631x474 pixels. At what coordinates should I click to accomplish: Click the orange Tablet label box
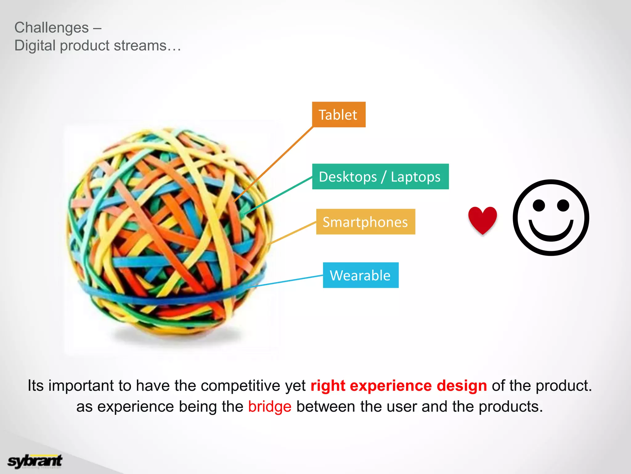pyautogui.click(x=339, y=114)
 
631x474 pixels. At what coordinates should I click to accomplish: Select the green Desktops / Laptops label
pyautogui.click(x=380, y=177)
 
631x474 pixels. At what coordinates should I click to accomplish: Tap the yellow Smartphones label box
pyautogui.click(x=365, y=222)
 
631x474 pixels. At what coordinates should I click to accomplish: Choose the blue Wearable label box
pyautogui.click(x=360, y=275)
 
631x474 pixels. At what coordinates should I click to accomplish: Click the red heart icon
pyautogui.click(x=482, y=219)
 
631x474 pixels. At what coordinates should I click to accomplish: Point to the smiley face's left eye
pyautogui.click(x=539, y=205)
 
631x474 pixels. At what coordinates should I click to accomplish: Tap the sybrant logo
pyautogui.click(x=35, y=461)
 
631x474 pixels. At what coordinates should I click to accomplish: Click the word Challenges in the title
pyautogui.click(x=51, y=28)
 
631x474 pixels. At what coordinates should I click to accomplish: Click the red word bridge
pyautogui.click(x=270, y=406)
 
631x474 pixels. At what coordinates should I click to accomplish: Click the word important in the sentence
pyautogui.click(x=81, y=386)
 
